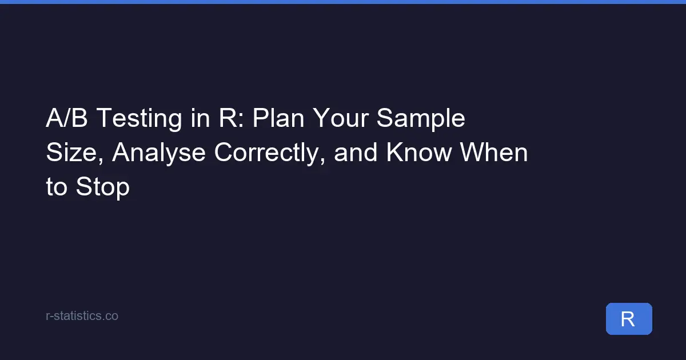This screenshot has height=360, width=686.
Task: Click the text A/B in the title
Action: pyautogui.click(x=67, y=118)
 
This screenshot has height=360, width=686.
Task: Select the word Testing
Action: pyautogui.click(x=139, y=119)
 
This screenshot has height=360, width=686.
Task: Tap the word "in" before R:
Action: pyautogui.click(x=200, y=118)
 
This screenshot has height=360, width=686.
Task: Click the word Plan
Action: pyautogui.click(x=278, y=118)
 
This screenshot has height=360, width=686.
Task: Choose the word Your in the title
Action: pyautogui.click(x=340, y=118)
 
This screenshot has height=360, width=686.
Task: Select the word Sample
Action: pyautogui.click(x=421, y=119)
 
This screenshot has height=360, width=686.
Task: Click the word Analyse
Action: pyautogui.click(x=159, y=154)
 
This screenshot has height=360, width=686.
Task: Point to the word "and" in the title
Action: pyautogui.click(x=356, y=152)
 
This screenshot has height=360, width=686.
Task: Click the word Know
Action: pyautogui.click(x=419, y=152)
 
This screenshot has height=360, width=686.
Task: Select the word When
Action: pyautogui.click(x=494, y=152)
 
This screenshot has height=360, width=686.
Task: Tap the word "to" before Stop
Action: pyautogui.click(x=57, y=186)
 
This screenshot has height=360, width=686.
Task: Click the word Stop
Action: pyautogui.click(x=103, y=188)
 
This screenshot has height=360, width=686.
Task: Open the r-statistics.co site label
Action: pyautogui.click(x=82, y=316)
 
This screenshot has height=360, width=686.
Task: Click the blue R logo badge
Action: pyautogui.click(x=629, y=319)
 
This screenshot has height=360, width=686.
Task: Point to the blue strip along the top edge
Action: pyautogui.click(x=343, y=2)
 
